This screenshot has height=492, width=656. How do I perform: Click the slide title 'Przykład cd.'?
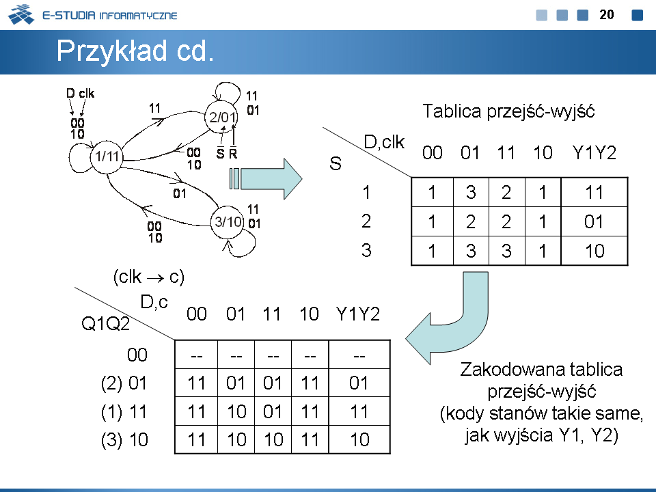135,51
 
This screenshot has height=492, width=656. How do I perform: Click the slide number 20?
607,14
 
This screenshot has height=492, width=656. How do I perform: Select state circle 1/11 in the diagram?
107,156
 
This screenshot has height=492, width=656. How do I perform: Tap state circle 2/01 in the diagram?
223,118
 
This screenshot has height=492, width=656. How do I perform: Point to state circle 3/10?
228,221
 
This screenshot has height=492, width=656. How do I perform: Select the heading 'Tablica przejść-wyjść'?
508,111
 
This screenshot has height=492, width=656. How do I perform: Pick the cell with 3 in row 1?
471,193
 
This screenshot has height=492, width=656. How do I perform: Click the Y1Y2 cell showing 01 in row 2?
594,222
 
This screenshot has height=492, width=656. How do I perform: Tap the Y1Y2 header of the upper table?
594,153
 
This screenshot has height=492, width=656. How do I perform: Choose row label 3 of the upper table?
366,251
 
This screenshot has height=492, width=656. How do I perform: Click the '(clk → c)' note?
148,277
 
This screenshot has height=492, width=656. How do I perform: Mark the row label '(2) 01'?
124,383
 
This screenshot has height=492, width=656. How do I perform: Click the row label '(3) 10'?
124,440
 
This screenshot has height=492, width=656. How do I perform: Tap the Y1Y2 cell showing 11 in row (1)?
359,412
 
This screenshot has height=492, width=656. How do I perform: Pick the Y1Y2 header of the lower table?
357,314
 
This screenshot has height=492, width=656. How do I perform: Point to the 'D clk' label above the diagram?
81,94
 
